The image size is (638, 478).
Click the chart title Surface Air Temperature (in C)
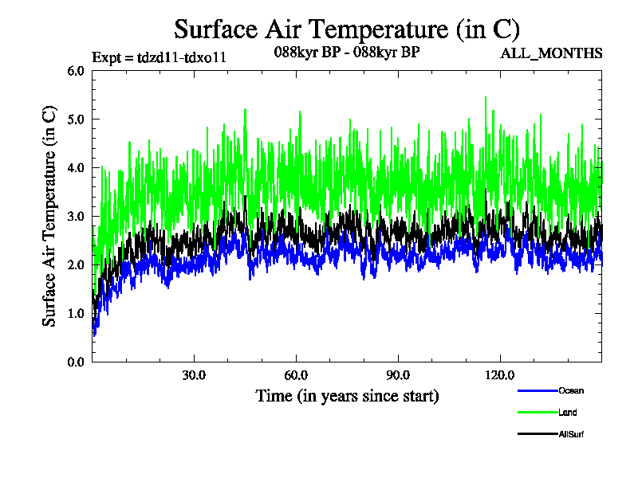[347, 29]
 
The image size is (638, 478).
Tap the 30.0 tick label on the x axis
[194, 375]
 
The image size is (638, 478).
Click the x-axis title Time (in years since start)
[347, 395]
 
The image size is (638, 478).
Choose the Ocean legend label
[571, 391]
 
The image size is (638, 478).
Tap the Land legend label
[568, 413]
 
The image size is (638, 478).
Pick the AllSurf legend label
[572, 434]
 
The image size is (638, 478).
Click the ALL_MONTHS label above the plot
[551, 54]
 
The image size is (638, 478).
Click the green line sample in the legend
[537, 412]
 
